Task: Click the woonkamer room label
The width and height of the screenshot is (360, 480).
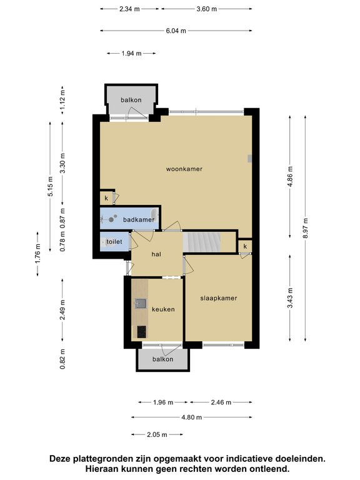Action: (x=184, y=169)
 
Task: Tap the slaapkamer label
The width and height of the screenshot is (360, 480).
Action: (x=219, y=298)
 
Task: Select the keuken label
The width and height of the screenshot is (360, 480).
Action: (x=164, y=309)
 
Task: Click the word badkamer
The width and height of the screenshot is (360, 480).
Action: (x=139, y=219)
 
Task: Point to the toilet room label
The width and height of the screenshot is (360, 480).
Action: (x=114, y=241)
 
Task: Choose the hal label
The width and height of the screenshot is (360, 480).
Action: (x=156, y=254)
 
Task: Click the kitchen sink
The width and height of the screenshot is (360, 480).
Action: (x=141, y=303)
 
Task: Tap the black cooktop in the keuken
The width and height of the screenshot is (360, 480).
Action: (x=141, y=331)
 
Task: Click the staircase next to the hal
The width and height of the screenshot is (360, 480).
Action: (x=202, y=242)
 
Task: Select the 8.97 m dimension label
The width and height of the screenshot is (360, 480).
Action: (x=305, y=228)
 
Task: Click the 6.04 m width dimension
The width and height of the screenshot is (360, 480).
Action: (x=176, y=31)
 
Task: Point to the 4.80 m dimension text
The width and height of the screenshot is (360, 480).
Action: (x=192, y=417)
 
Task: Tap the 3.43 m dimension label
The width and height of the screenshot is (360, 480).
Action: (x=290, y=298)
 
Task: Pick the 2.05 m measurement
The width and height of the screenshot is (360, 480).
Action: (x=157, y=434)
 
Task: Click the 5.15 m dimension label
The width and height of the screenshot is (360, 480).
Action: (x=51, y=186)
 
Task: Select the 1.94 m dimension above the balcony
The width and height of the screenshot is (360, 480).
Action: (x=131, y=54)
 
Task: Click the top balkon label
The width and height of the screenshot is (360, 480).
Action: (x=131, y=100)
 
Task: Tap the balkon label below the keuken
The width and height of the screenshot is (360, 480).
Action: (x=163, y=359)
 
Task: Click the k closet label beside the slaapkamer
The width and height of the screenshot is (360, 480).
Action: (x=245, y=246)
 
